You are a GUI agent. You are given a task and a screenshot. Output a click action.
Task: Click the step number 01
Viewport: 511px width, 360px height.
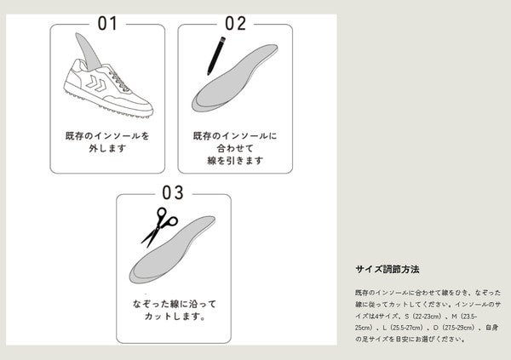[107, 24]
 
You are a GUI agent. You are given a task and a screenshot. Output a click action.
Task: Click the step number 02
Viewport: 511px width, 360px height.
[235, 24]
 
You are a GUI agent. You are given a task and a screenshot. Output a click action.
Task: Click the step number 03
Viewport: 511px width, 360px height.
[173, 193]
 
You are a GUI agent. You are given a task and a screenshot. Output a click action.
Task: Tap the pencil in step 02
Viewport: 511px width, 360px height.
[216, 55]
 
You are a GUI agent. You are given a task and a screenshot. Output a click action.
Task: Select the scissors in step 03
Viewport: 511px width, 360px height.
[160, 226]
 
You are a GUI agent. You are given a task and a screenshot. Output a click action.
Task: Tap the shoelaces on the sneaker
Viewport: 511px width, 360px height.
[120, 81]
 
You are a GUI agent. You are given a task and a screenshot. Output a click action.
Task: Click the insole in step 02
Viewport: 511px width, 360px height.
[235, 77]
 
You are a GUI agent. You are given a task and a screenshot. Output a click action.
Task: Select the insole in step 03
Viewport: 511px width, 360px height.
[172, 249]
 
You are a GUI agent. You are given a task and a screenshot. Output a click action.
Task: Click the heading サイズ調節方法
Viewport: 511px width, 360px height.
[388, 270]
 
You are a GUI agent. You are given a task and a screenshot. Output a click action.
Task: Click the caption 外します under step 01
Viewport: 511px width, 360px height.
[107, 149]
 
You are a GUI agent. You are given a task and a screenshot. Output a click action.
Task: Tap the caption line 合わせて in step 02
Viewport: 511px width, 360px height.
[235, 149]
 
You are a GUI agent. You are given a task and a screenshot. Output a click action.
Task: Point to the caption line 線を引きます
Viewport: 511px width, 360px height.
[235, 161]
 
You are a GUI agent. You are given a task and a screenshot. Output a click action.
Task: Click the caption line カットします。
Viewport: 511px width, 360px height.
[175, 316]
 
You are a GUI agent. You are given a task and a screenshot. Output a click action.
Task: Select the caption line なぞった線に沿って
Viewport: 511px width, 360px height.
[175, 304]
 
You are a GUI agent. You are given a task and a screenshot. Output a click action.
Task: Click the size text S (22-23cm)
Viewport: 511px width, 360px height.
[423, 317]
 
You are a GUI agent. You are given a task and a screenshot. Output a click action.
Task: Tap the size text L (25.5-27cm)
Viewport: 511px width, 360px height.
[404, 328]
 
